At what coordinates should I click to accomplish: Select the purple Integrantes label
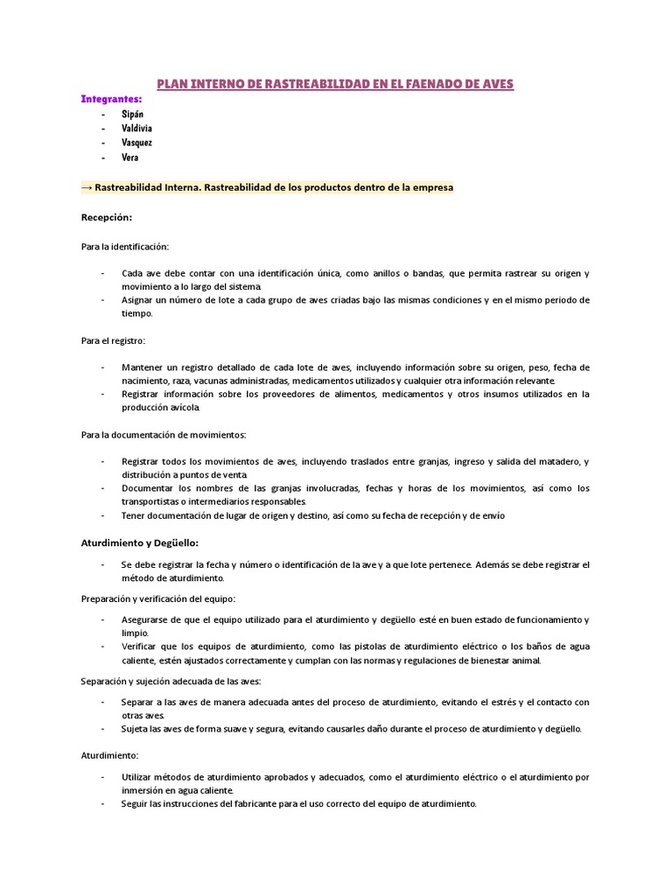111,100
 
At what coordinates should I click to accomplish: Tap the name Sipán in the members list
132,115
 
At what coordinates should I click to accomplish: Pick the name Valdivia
136,129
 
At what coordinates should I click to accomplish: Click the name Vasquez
136,143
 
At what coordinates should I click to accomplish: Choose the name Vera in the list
129,157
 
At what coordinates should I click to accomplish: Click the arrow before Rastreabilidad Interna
87,187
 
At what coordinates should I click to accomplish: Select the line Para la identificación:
125,247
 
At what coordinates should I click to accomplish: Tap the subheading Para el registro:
114,339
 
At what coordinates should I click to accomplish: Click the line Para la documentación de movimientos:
164,434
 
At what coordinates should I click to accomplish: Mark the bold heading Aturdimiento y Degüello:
140,542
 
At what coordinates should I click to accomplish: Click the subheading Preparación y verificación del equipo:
158,598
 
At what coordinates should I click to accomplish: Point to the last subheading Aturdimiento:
110,754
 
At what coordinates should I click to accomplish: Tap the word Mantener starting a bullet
143,367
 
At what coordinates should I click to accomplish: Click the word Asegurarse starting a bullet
147,619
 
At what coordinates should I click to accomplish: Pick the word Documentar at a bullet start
148,488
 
